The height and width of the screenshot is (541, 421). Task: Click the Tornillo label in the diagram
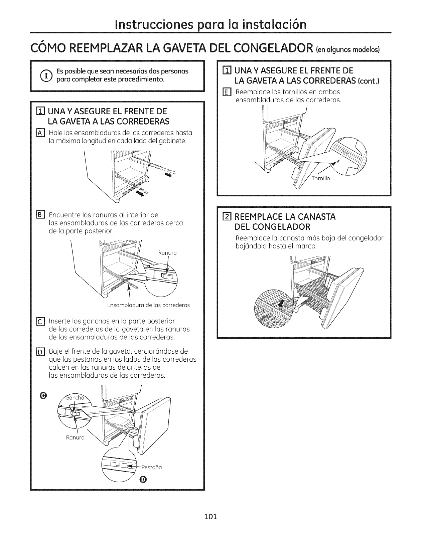click(320, 178)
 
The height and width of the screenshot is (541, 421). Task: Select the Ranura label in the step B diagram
click(167, 253)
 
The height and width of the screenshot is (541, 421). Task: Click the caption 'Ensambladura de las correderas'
click(148, 305)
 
